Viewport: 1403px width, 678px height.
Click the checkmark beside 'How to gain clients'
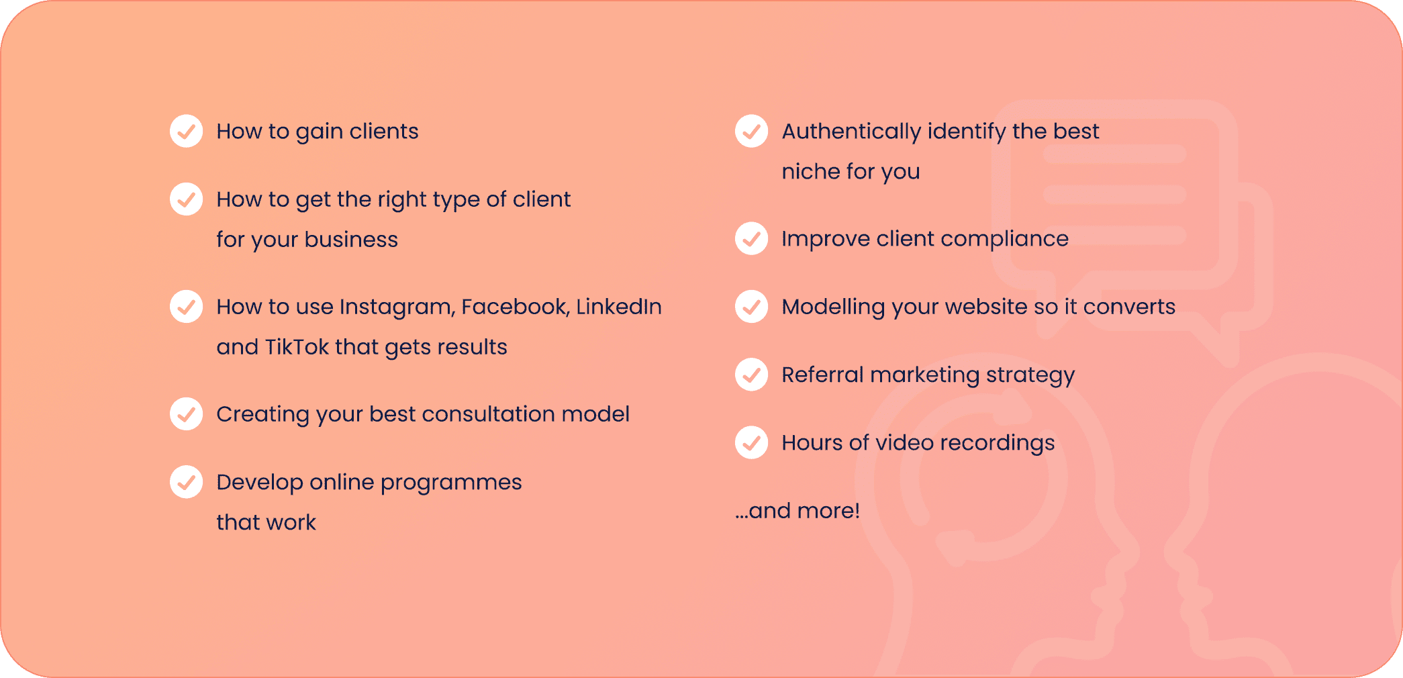(x=187, y=131)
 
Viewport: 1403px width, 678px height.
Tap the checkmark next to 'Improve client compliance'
(x=752, y=238)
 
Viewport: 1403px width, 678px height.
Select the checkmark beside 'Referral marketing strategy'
(x=752, y=375)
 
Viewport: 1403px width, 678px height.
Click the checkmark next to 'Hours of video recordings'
(x=752, y=442)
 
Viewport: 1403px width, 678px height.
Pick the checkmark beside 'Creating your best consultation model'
(x=187, y=414)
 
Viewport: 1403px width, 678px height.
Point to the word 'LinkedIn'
(x=619, y=307)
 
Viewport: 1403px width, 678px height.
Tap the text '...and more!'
(x=797, y=511)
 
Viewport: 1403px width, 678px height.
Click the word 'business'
(x=351, y=240)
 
